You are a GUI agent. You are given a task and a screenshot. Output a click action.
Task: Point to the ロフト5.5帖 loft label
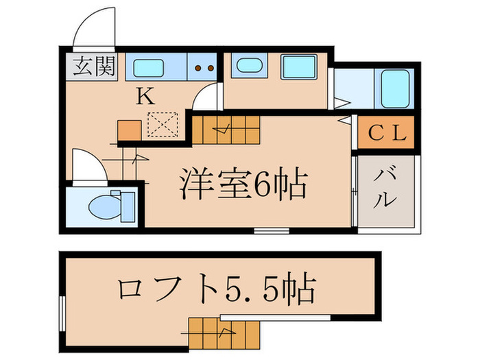pyautogui.click(x=217, y=290)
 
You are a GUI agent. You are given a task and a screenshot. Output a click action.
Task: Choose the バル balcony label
pyautogui.click(x=386, y=189)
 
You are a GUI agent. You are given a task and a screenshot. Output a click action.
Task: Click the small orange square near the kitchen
pyautogui.click(x=129, y=130)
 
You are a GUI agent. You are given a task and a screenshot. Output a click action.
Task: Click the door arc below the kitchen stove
pyautogui.click(x=205, y=99)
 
